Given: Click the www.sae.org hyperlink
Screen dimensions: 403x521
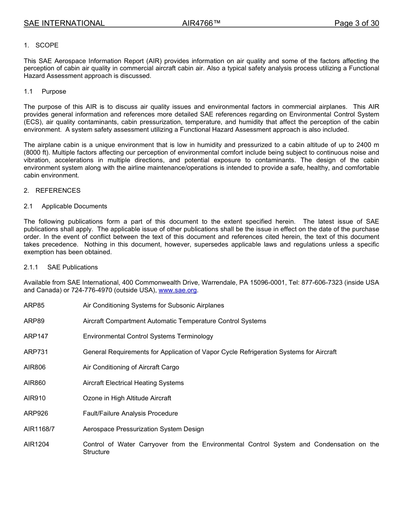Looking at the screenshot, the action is click(178, 290).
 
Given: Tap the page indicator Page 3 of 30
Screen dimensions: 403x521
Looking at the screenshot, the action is click(356, 23).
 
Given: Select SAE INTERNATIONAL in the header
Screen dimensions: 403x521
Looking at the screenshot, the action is click(64, 23).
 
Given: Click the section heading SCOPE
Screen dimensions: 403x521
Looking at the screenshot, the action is click(47, 45).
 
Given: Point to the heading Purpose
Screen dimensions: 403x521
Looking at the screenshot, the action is click(54, 91).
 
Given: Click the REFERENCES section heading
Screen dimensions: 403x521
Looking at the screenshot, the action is click(58, 191).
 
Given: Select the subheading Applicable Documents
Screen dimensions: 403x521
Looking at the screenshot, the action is click(74, 206).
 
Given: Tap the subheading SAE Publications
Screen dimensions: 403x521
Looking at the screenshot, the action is click(73, 267).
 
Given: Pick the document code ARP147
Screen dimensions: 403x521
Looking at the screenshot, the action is click(36, 336).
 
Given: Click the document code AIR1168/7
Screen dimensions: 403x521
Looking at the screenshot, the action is click(39, 429).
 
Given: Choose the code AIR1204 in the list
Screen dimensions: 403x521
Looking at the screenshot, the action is click(36, 444).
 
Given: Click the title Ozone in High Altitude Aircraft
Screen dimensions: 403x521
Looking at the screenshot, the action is click(127, 398).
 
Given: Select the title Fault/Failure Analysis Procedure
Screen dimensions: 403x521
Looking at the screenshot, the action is click(130, 413).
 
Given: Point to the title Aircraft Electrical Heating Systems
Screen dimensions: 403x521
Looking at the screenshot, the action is click(133, 383).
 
